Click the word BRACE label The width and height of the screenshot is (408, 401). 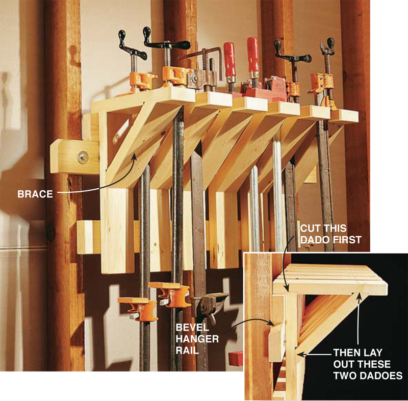click(x=35, y=194)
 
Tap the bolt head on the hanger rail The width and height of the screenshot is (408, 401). click(x=83, y=157)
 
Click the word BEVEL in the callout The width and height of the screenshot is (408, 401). click(x=192, y=328)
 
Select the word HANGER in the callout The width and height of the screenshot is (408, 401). click(x=197, y=339)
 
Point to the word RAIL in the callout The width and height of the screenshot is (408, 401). click(x=187, y=350)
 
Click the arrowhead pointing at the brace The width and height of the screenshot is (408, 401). click(x=134, y=156)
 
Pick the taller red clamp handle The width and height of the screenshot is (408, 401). click(x=253, y=55)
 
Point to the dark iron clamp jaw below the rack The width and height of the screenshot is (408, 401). click(x=210, y=306)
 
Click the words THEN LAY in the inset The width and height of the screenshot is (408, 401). click(x=358, y=353)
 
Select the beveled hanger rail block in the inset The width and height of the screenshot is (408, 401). click(x=277, y=342)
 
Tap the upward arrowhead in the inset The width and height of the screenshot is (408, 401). click(x=359, y=296)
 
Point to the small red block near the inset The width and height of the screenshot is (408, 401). click(x=236, y=359)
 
